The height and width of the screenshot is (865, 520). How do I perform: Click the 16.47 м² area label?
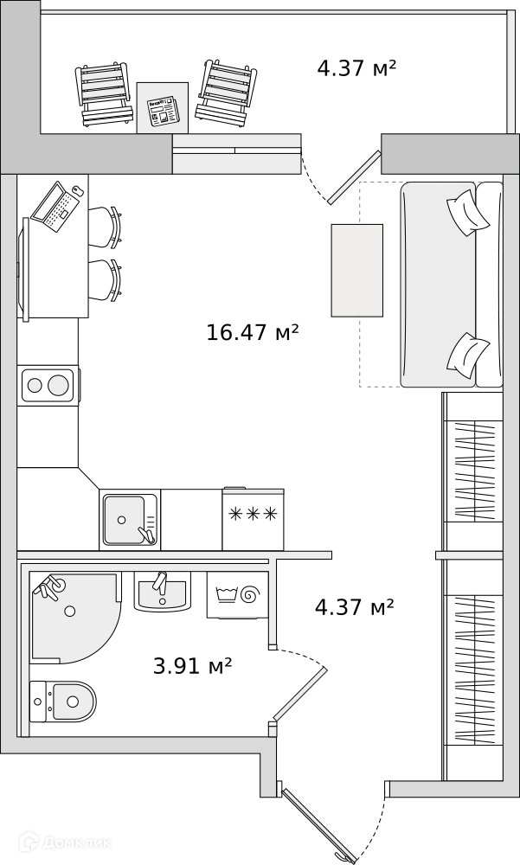click(x=253, y=332)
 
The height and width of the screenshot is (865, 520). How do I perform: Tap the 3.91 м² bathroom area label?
click(x=192, y=666)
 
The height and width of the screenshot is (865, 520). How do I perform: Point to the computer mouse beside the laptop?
click(x=79, y=191)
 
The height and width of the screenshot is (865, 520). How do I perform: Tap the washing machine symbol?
click(x=237, y=595)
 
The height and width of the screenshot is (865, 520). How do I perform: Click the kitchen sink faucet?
click(x=147, y=535)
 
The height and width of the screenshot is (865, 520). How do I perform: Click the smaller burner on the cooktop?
click(x=35, y=385)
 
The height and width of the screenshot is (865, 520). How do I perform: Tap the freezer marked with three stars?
click(x=253, y=519)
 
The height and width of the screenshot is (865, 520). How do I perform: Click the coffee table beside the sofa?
click(x=356, y=270)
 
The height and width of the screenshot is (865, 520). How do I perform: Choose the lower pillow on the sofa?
click(x=468, y=356)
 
